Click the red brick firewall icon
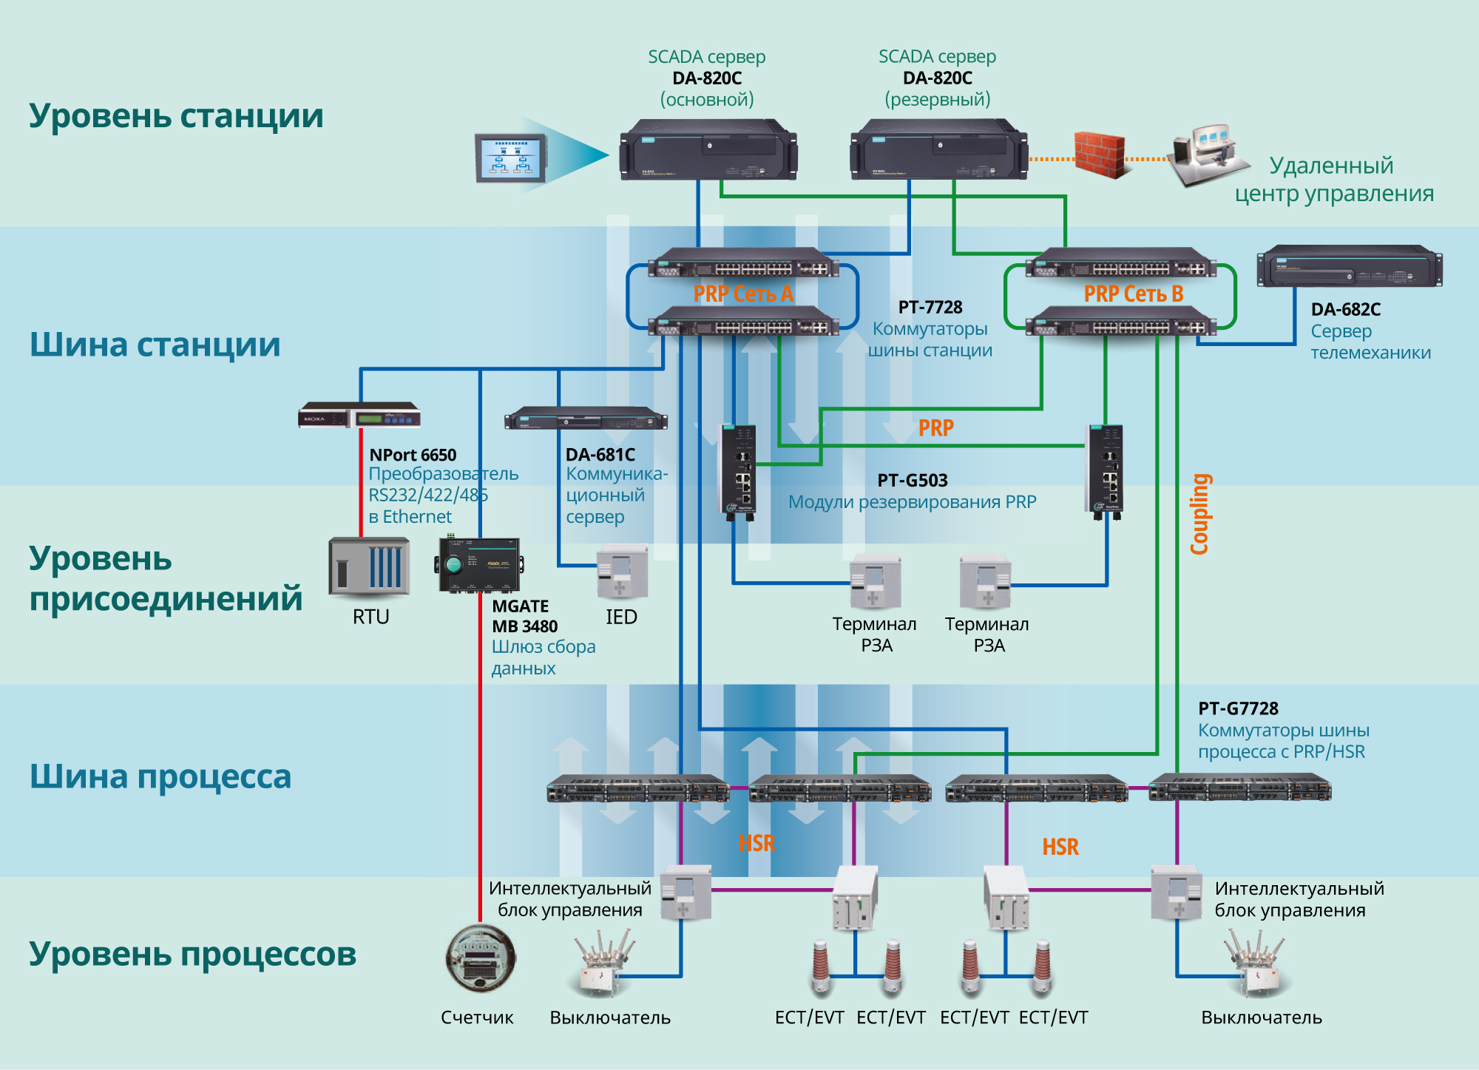[x=1100, y=155]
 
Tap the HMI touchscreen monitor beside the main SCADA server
[x=510, y=158]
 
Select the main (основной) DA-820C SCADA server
[x=708, y=151]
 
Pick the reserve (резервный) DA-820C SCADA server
[x=939, y=151]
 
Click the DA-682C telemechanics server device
[x=1350, y=267]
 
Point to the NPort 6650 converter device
[x=359, y=416]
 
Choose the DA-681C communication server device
[x=586, y=419]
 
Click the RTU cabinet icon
[x=369, y=567]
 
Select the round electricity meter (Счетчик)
[x=480, y=959]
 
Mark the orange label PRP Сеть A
[x=743, y=294]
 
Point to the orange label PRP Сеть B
[x=1133, y=294]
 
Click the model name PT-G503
[x=912, y=481]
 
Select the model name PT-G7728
[x=1238, y=708]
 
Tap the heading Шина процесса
[x=160, y=777]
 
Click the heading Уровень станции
[x=176, y=116]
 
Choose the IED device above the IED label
[x=622, y=572]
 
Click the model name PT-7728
[x=930, y=307]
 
